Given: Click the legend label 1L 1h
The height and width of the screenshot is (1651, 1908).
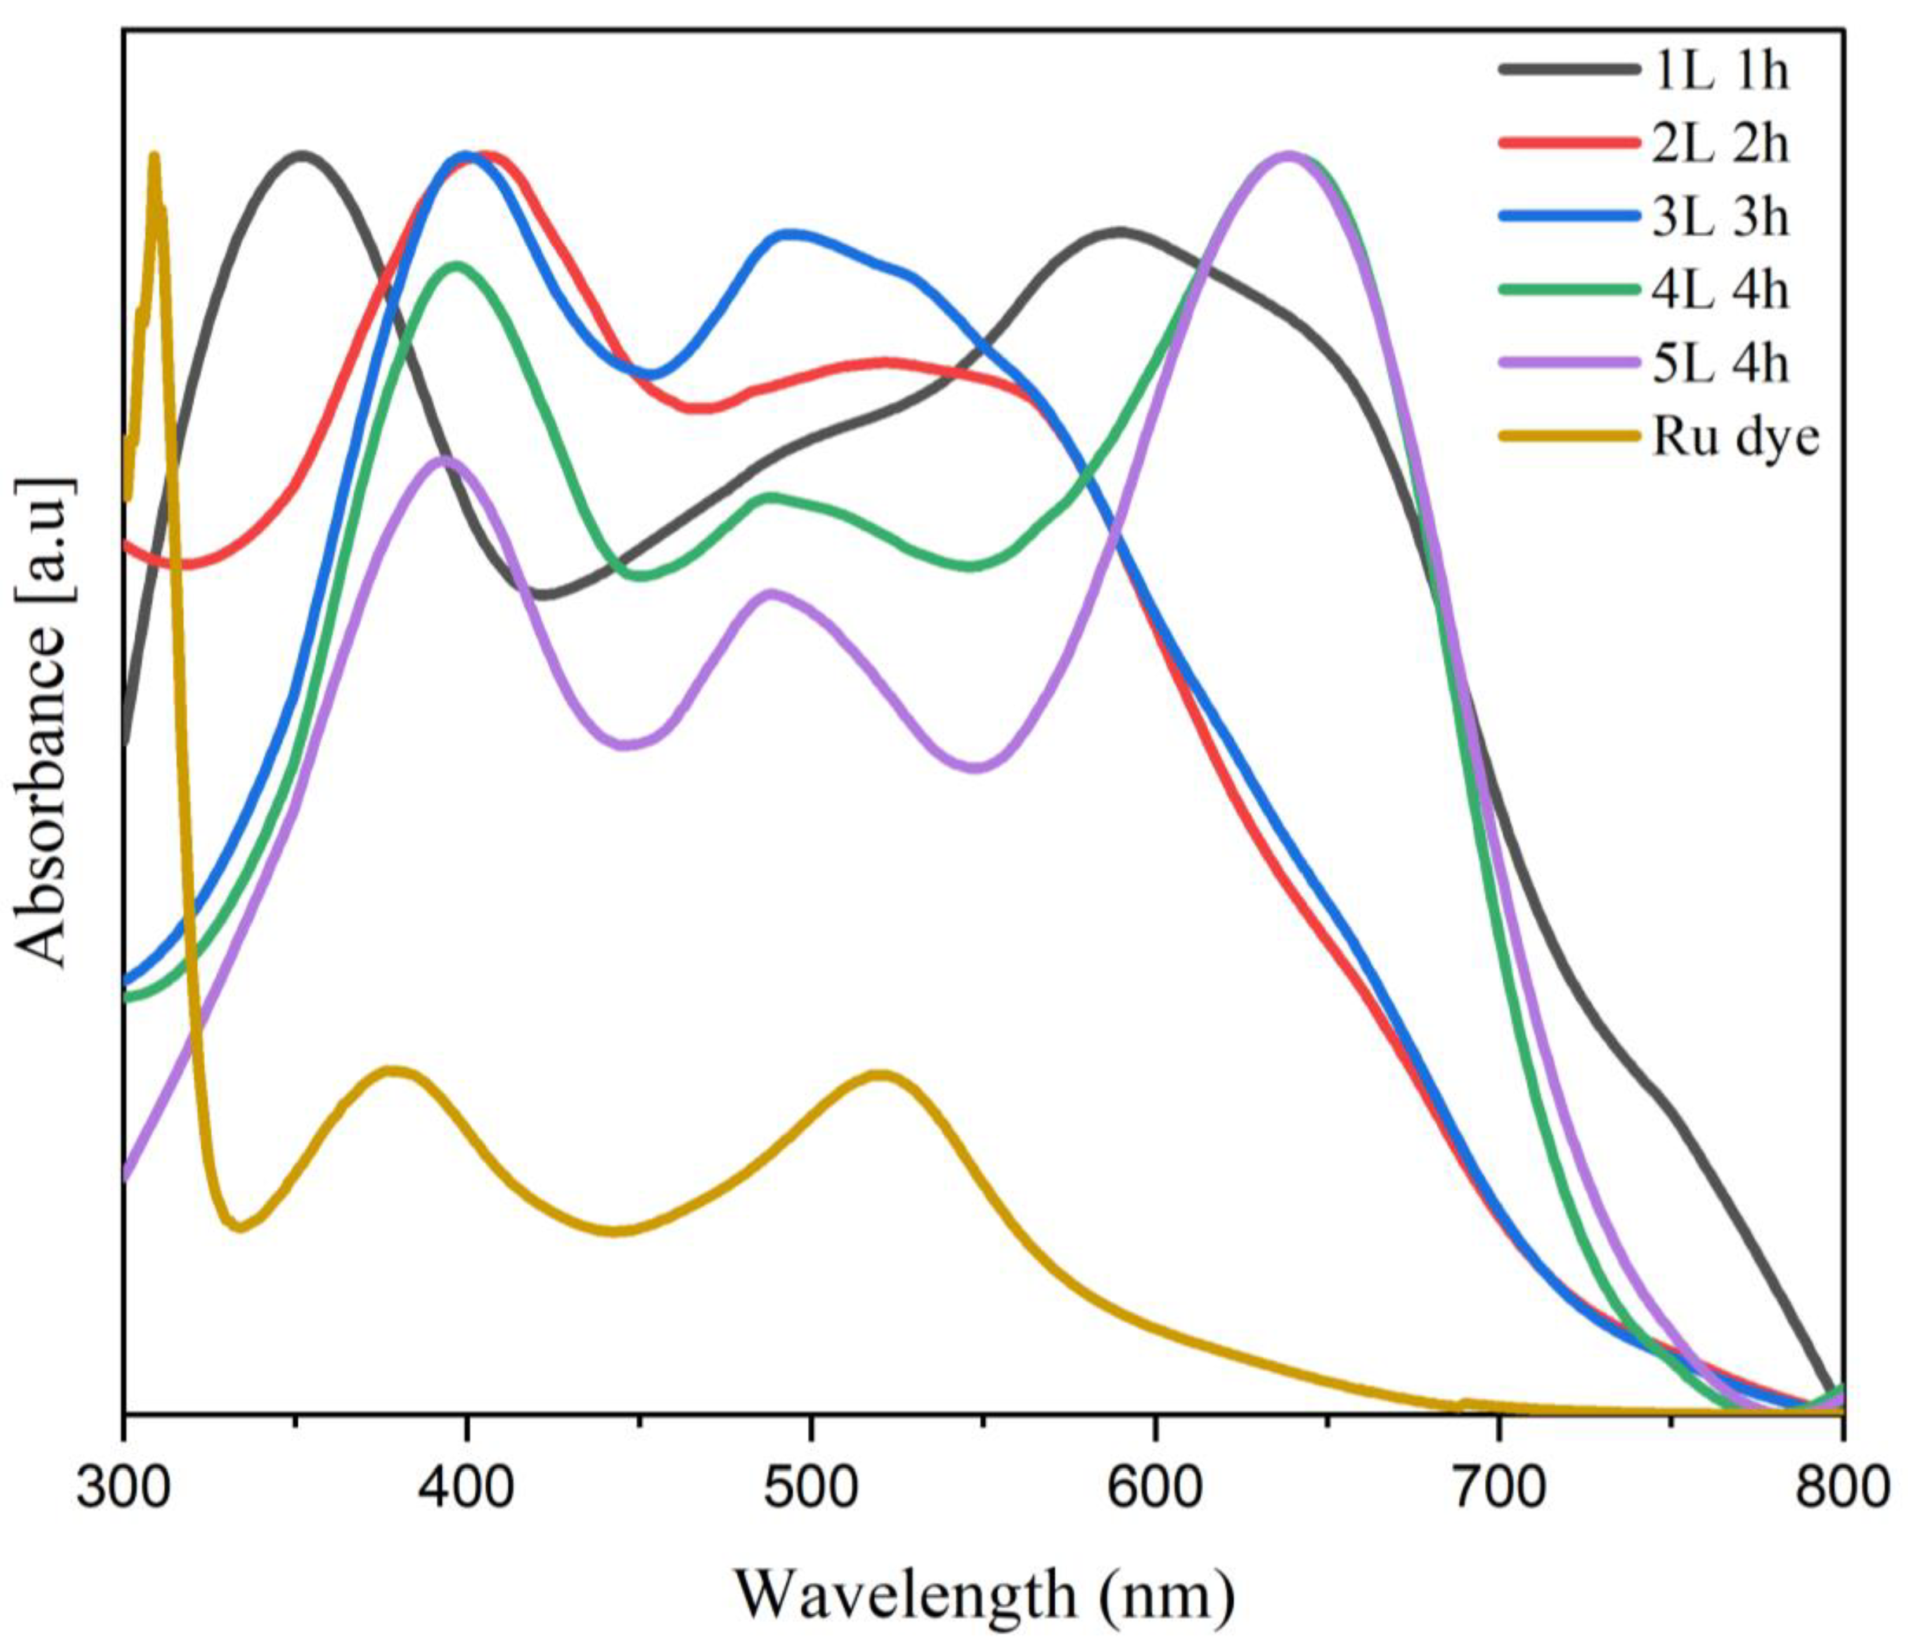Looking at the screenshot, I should tap(1719, 71).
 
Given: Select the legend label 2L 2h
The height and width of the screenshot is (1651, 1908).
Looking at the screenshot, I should tap(1719, 145).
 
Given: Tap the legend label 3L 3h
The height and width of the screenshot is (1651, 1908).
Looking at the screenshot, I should tap(1719, 219).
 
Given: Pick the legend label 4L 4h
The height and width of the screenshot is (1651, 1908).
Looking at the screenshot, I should tap(1719, 291).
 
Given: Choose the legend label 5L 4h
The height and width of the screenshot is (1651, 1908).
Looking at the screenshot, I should tap(1719, 364).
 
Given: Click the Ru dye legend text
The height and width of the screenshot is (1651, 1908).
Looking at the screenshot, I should tap(1735, 439).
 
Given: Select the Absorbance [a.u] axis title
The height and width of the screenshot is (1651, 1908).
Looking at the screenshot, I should tap(44, 723).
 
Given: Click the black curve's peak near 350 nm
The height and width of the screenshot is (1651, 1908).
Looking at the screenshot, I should tap(300, 155).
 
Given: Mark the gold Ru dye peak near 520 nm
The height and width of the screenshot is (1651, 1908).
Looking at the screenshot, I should tap(881, 1074).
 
